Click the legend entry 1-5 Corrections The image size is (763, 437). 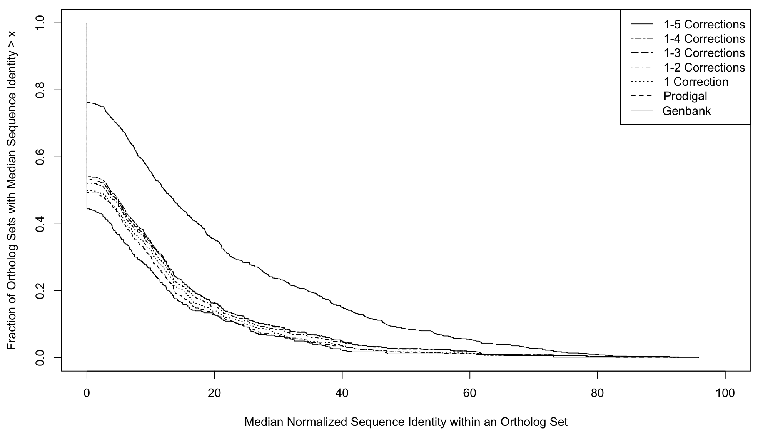click(704, 24)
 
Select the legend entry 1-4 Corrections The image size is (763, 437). click(704, 38)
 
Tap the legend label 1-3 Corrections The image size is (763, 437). click(704, 53)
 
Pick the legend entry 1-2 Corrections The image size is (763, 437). click(704, 67)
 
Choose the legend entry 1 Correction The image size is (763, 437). click(696, 82)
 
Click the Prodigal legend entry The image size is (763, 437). click(685, 96)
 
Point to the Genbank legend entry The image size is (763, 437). click(687, 111)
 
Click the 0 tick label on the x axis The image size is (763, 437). click(87, 393)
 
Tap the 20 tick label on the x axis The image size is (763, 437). click(214, 393)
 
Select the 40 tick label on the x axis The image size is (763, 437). click(342, 393)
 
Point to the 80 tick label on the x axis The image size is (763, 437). click(597, 393)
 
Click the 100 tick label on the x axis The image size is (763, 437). click(725, 393)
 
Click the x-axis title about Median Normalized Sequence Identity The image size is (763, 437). click(406, 422)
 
